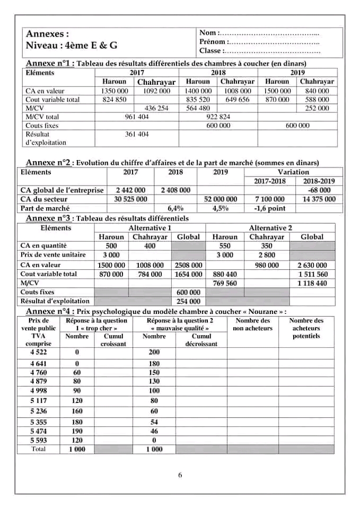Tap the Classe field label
point(212,51)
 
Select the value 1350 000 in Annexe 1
point(115,91)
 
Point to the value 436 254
point(156,108)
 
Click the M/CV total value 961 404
point(136,117)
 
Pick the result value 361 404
point(136,134)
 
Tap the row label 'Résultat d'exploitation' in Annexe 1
point(46,138)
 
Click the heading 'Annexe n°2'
point(48,163)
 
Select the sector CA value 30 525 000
point(131,199)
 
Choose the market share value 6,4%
point(175,208)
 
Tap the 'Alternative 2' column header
point(271,227)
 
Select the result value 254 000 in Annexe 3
point(188,301)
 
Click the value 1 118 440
point(312,284)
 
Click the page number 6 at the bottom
point(180,475)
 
